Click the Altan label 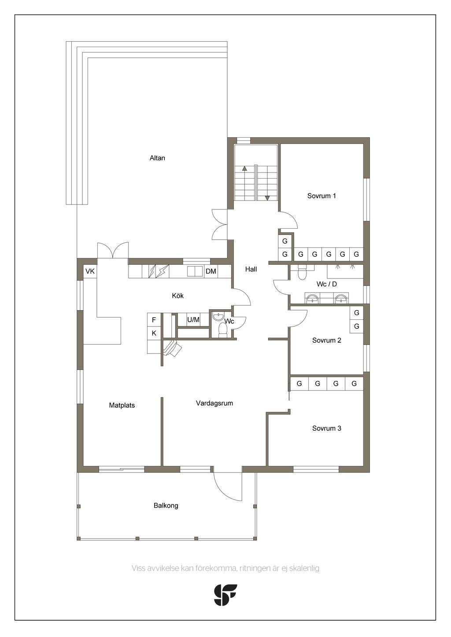(157, 158)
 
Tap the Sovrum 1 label (322, 196)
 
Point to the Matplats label (122, 405)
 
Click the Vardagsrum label (214, 403)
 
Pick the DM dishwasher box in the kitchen (211, 271)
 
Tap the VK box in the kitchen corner (90, 271)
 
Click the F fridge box (154, 320)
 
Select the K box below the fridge (154, 333)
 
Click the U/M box (193, 320)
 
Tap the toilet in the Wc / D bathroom (301, 272)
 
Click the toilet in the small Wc (222, 331)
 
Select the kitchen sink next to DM (195, 271)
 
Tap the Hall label (251, 269)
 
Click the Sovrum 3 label (326, 428)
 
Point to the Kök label (177, 296)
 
